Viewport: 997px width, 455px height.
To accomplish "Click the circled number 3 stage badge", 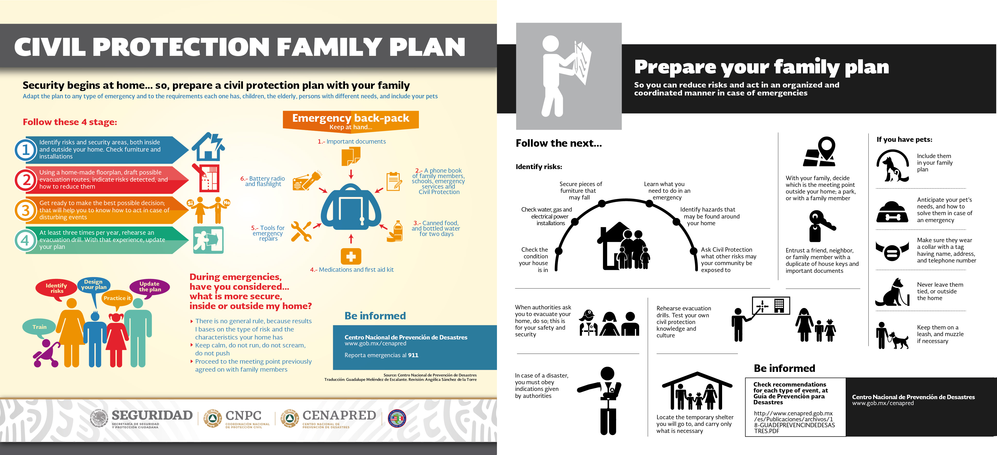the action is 26,210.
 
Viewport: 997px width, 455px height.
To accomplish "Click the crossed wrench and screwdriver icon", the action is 301,231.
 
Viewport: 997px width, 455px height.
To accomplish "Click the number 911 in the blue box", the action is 413,355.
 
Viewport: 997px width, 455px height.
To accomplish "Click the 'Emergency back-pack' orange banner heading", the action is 351,118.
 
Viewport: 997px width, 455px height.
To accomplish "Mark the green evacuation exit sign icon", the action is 208,240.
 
